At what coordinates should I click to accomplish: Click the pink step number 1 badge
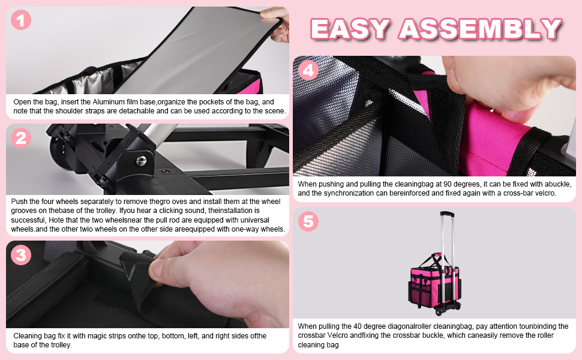pos(21,20)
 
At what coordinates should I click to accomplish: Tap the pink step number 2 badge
pos(21,138)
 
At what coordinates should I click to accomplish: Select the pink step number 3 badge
pos(21,255)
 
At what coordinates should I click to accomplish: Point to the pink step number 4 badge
pos(308,70)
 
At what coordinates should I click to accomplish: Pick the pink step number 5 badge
pos(308,221)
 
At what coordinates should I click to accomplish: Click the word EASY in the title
pos(350,29)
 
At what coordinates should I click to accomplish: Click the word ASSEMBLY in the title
pos(480,29)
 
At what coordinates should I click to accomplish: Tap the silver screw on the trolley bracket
pos(142,161)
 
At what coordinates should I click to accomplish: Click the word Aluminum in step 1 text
pos(109,102)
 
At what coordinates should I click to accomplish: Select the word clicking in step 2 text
pos(172,211)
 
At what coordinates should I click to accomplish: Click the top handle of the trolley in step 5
pos(447,214)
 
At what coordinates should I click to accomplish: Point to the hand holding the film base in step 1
pos(277,24)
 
